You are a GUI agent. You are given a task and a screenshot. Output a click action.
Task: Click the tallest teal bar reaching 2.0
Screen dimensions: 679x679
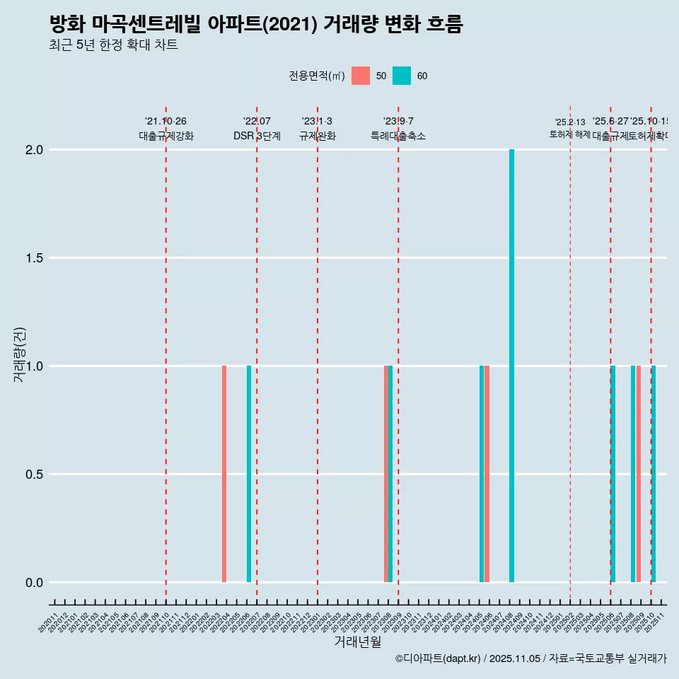point(511,366)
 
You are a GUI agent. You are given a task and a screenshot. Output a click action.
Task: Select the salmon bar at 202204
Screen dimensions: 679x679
point(224,474)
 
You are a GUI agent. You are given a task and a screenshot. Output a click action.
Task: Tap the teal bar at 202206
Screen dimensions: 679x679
point(249,474)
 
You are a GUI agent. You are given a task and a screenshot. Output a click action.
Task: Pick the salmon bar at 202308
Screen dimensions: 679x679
point(385,474)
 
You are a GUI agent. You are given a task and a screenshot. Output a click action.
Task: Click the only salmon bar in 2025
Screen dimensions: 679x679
point(638,474)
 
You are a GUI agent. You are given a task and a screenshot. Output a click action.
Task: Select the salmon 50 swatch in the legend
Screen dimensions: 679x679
point(361,76)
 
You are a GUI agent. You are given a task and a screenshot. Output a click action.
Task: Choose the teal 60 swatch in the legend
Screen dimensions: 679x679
point(402,76)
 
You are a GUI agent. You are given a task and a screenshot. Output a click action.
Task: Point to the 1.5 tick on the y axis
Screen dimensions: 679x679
point(34,258)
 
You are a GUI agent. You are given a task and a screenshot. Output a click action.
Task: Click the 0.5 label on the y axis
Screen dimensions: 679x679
point(34,475)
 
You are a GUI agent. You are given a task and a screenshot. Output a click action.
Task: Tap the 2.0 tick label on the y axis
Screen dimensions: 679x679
point(34,150)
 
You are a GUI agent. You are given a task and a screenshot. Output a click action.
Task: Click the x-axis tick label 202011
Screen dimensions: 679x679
point(49,625)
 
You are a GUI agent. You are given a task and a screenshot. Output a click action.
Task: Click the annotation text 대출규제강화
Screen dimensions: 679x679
point(166,137)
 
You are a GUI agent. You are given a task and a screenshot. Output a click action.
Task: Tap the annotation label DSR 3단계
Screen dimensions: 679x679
point(257,137)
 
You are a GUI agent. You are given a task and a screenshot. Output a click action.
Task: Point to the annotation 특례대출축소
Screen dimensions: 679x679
point(398,137)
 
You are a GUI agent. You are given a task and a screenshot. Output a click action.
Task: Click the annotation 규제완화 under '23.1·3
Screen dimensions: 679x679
point(317,137)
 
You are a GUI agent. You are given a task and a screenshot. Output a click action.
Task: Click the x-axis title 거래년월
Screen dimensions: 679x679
point(357,642)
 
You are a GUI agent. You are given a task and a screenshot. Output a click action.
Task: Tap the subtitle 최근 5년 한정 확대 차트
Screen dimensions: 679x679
point(113,45)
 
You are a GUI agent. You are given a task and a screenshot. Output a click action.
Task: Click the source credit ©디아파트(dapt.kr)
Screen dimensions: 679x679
point(439,658)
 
